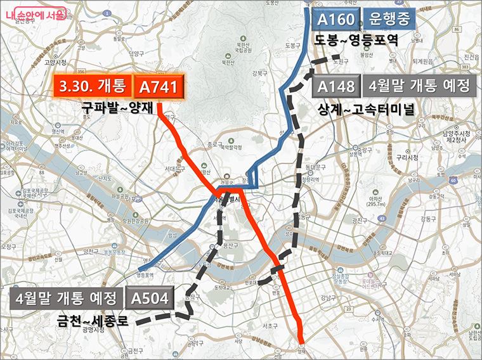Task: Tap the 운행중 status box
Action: pyautogui.click(x=389, y=20)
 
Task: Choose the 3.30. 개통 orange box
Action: pyautogui.click(x=92, y=86)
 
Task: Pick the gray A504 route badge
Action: pyautogui.click(x=150, y=297)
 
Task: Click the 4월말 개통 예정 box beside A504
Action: pyautogui.click(x=68, y=297)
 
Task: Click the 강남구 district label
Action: pyautogui.click(x=328, y=297)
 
